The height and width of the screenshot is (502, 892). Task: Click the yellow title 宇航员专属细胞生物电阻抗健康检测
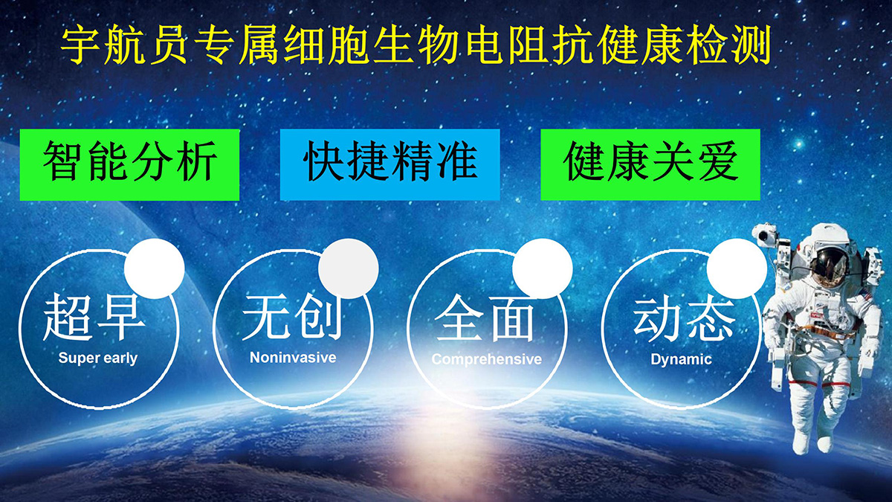(416, 45)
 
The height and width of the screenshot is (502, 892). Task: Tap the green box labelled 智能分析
(129, 164)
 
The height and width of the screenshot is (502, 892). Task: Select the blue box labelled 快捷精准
(390, 164)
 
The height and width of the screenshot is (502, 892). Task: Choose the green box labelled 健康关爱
(650, 164)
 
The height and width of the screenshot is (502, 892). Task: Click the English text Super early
(98, 358)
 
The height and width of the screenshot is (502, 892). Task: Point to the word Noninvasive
(293, 358)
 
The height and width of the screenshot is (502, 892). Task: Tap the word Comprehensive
(487, 359)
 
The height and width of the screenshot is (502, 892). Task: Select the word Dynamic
(681, 359)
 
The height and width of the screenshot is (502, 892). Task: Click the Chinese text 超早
(94, 318)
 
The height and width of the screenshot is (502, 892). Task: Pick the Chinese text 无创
(293, 318)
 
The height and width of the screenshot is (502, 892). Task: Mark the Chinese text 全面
(484, 318)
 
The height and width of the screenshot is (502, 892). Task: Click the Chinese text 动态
(684, 319)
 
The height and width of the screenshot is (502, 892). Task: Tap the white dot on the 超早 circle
(155, 268)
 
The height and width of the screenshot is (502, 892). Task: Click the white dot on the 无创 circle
(349, 268)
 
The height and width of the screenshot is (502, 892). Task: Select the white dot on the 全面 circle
(543, 268)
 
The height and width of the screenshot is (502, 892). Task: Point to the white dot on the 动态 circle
(737, 268)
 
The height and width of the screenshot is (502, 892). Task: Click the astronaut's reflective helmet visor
(831, 264)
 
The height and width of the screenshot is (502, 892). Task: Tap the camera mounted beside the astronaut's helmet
(765, 235)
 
